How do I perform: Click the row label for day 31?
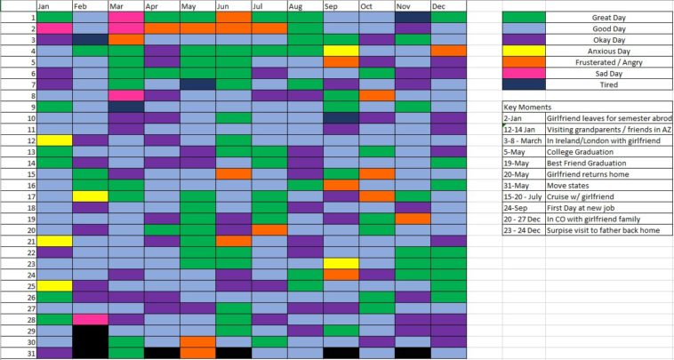coord(31,353)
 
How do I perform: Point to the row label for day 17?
coord(31,196)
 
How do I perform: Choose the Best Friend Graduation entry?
coord(586,164)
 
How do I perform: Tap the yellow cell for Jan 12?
coord(54,140)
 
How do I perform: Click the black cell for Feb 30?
coord(90,341)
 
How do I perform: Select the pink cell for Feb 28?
coord(90,319)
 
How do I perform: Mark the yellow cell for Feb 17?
coord(90,196)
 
